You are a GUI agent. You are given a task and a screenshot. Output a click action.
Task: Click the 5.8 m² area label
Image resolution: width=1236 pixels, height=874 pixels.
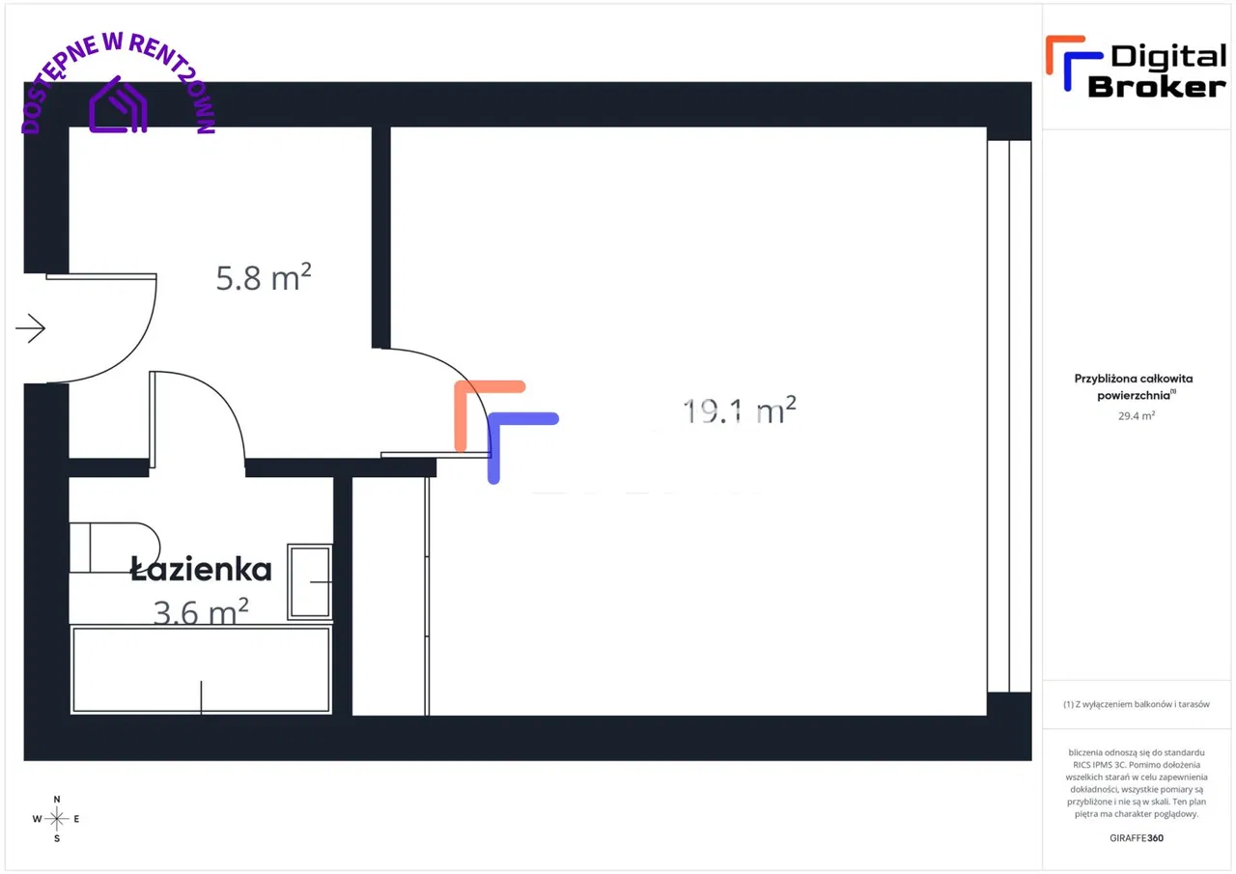[x=263, y=278]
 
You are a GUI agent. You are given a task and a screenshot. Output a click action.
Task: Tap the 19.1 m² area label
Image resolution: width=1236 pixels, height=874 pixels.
[x=740, y=411]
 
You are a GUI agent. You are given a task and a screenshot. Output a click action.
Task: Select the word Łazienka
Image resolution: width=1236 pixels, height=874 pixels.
[x=201, y=570]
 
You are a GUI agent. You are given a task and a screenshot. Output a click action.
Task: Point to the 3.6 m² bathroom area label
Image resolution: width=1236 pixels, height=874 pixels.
[x=201, y=611]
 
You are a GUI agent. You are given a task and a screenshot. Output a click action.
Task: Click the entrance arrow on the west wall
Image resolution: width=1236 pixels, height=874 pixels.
[x=31, y=329]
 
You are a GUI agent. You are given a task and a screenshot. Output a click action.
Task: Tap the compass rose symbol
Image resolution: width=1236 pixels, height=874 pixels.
[x=57, y=819]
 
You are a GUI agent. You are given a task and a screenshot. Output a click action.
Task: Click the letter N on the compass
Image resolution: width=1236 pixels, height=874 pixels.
[x=57, y=800]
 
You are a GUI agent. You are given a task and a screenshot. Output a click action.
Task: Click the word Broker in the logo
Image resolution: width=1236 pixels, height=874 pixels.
[x=1156, y=86]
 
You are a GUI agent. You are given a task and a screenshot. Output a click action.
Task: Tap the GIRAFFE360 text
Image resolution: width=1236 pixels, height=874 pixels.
[x=1137, y=838]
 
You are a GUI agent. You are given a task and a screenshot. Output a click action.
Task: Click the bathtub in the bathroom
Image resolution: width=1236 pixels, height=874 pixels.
[x=201, y=669]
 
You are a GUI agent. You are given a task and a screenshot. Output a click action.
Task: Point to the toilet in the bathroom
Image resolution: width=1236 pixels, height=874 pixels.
[x=114, y=548]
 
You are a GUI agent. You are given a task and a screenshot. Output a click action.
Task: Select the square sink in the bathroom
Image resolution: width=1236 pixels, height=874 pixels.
[x=310, y=582]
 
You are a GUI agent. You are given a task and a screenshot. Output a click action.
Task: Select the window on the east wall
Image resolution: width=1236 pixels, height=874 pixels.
[x=1009, y=415]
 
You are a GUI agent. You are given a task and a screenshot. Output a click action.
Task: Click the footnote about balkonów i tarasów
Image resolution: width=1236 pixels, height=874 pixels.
[x=1136, y=704]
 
